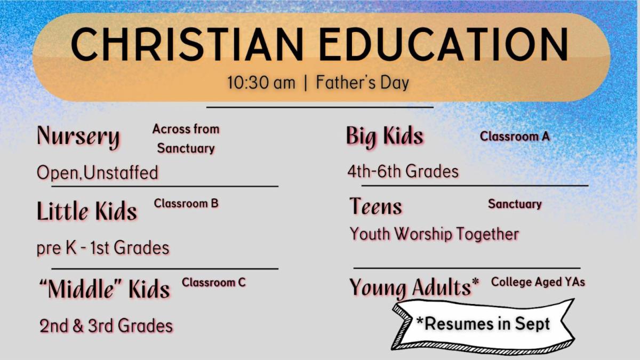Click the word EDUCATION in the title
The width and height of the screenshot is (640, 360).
click(x=444, y=44)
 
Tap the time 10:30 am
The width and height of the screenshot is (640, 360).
click(x=261, y=83)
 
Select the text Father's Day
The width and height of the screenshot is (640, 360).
click(x=363, y=82)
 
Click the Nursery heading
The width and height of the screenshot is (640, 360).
click(x=78, y=137)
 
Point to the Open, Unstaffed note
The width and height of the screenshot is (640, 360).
click(x=98, y=173)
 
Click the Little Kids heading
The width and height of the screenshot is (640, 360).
click(x=87, y=211)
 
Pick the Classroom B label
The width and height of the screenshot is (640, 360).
click(x=186, y=203)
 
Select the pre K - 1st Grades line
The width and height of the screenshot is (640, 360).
click(x=103, y=247)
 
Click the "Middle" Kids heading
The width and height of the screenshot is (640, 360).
click(x=105, y=289)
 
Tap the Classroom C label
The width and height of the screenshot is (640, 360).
click(x=214, y=283)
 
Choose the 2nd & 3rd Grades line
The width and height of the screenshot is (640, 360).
click(x=106, y=326)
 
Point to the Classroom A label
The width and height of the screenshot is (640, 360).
click(x=515, y=137)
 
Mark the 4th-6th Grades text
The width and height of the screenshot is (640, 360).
click(x=403, y=171)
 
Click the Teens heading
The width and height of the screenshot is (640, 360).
click(x=375, y=206)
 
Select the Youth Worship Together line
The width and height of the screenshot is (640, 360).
click(x=434, y=234)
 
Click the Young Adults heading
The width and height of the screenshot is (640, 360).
click(x=414, y=287)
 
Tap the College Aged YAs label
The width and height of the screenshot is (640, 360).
click(x=538, y=282)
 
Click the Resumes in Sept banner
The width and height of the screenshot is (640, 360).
click(x=483, y=324)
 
